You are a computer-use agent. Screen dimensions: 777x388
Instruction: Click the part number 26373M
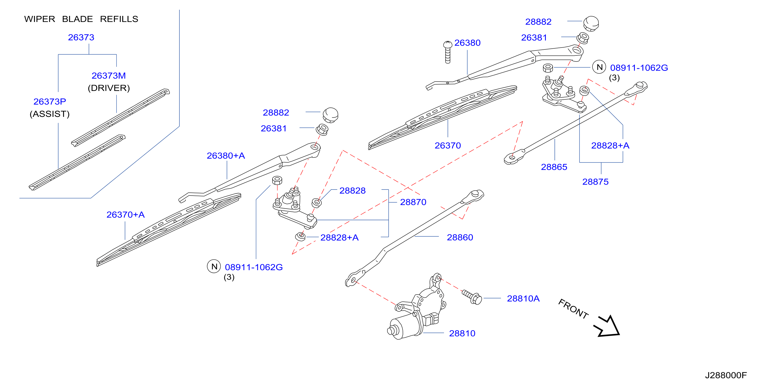tap(109, 76)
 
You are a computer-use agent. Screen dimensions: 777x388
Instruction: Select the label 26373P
tap(50, 101)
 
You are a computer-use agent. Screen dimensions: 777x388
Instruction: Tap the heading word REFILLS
tap(119, 19)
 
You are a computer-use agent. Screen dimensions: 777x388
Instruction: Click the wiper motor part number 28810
tap(462, 333)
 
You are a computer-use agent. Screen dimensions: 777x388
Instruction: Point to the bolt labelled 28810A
tap(472, 296)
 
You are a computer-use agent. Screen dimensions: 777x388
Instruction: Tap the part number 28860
tap(460, 237)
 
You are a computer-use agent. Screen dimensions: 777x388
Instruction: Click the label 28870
tap(413, 202)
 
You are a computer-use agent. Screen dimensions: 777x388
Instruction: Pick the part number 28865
tap(554, 167)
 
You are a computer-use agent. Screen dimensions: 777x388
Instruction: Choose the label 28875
tap(595, 182)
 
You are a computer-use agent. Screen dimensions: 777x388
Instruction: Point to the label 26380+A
tap(226, 156)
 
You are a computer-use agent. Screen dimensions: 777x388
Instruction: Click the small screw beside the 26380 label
tap(448, 52)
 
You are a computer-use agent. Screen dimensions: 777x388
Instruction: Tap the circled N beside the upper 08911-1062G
tap(599, 67)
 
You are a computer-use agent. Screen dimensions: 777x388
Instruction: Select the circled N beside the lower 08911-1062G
tap(214, 266)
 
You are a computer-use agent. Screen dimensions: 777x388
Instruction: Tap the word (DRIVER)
tap(109, 88)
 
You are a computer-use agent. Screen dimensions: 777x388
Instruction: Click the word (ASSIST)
tap(50, 114)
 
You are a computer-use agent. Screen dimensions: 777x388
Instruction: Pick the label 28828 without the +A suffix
tap(352, 190)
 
